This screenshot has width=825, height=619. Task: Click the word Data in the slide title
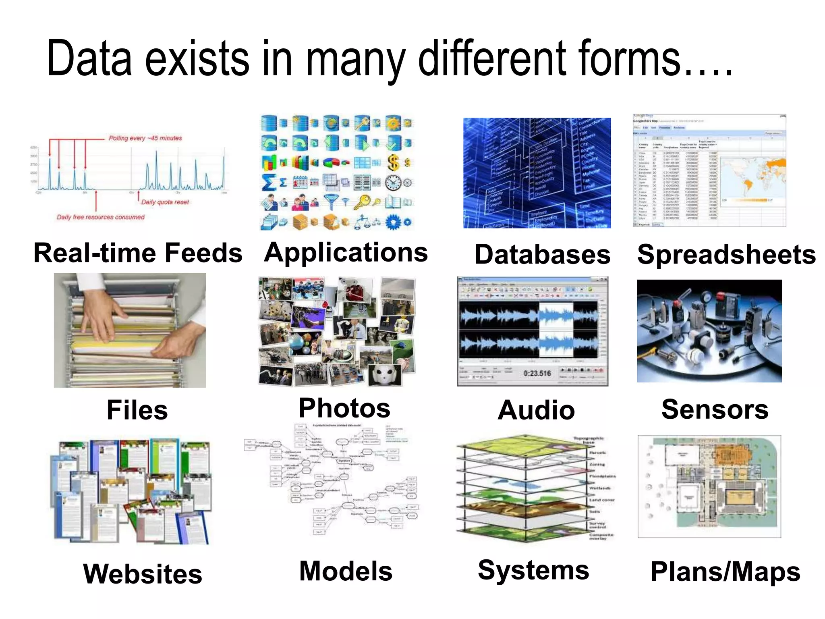89,58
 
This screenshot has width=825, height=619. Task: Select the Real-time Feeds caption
138,253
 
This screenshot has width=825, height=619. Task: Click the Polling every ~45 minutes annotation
145,138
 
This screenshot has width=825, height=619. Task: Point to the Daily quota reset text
165,202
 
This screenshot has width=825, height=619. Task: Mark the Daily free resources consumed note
100,217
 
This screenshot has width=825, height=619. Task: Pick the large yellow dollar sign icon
393,162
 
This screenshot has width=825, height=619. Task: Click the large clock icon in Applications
393,183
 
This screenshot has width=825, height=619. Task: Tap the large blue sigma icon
269,183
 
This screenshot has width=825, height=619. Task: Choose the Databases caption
542,255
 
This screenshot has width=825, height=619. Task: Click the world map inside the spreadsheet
752,177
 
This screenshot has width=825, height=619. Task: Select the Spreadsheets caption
726,255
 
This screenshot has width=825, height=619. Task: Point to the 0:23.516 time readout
537,374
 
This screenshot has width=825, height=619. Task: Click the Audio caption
536,410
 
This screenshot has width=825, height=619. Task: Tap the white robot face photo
386,374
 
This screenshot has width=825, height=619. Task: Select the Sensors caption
715,409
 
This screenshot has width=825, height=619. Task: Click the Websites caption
143,574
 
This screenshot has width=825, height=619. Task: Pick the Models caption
346,571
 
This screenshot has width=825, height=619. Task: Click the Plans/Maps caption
726,571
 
